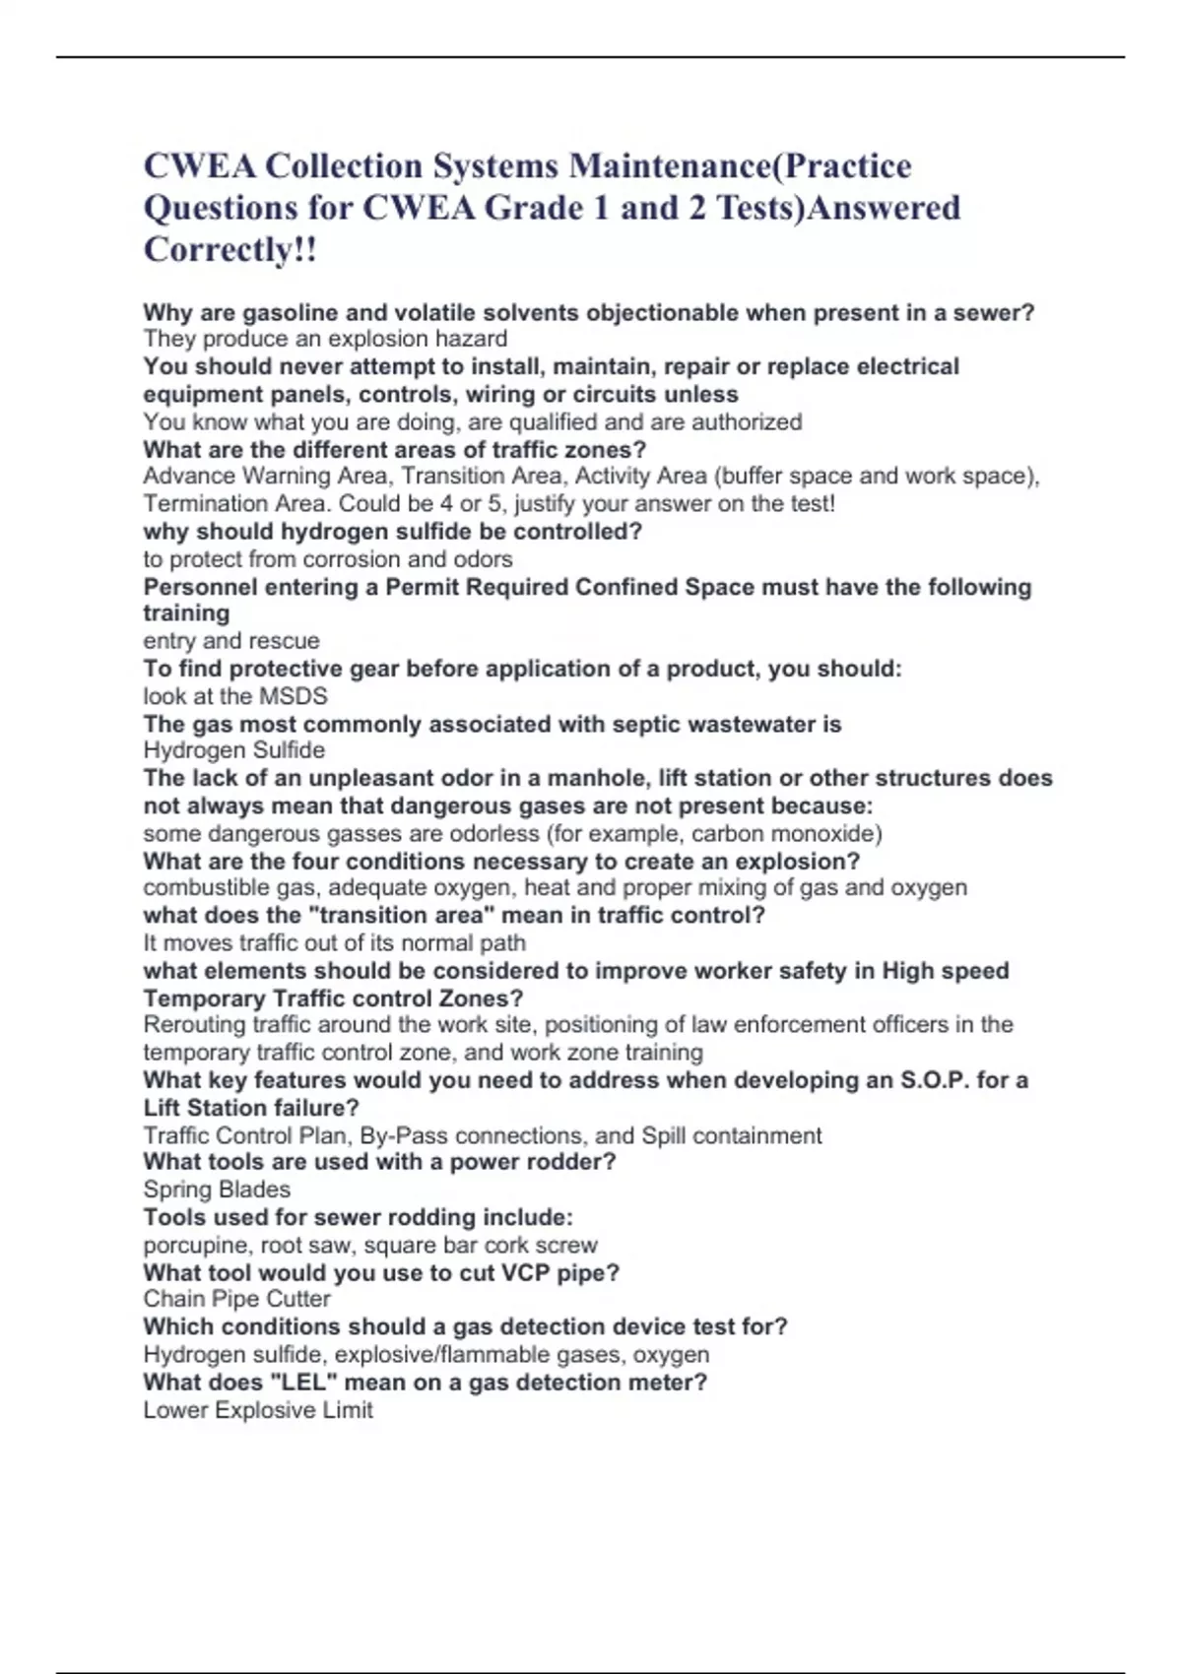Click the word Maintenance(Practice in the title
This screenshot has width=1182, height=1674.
740,165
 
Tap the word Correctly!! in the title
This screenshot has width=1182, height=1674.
230,249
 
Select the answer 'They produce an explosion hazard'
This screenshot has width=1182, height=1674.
325,339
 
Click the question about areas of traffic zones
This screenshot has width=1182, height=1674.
394,449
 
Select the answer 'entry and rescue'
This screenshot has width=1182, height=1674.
230,640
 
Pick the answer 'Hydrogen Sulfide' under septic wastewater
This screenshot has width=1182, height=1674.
233,750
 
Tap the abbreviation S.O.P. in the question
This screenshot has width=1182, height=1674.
935,1080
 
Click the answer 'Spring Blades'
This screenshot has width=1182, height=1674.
217,1189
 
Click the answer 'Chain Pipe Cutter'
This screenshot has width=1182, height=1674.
236,1299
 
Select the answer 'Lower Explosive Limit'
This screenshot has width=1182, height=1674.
258,1410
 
